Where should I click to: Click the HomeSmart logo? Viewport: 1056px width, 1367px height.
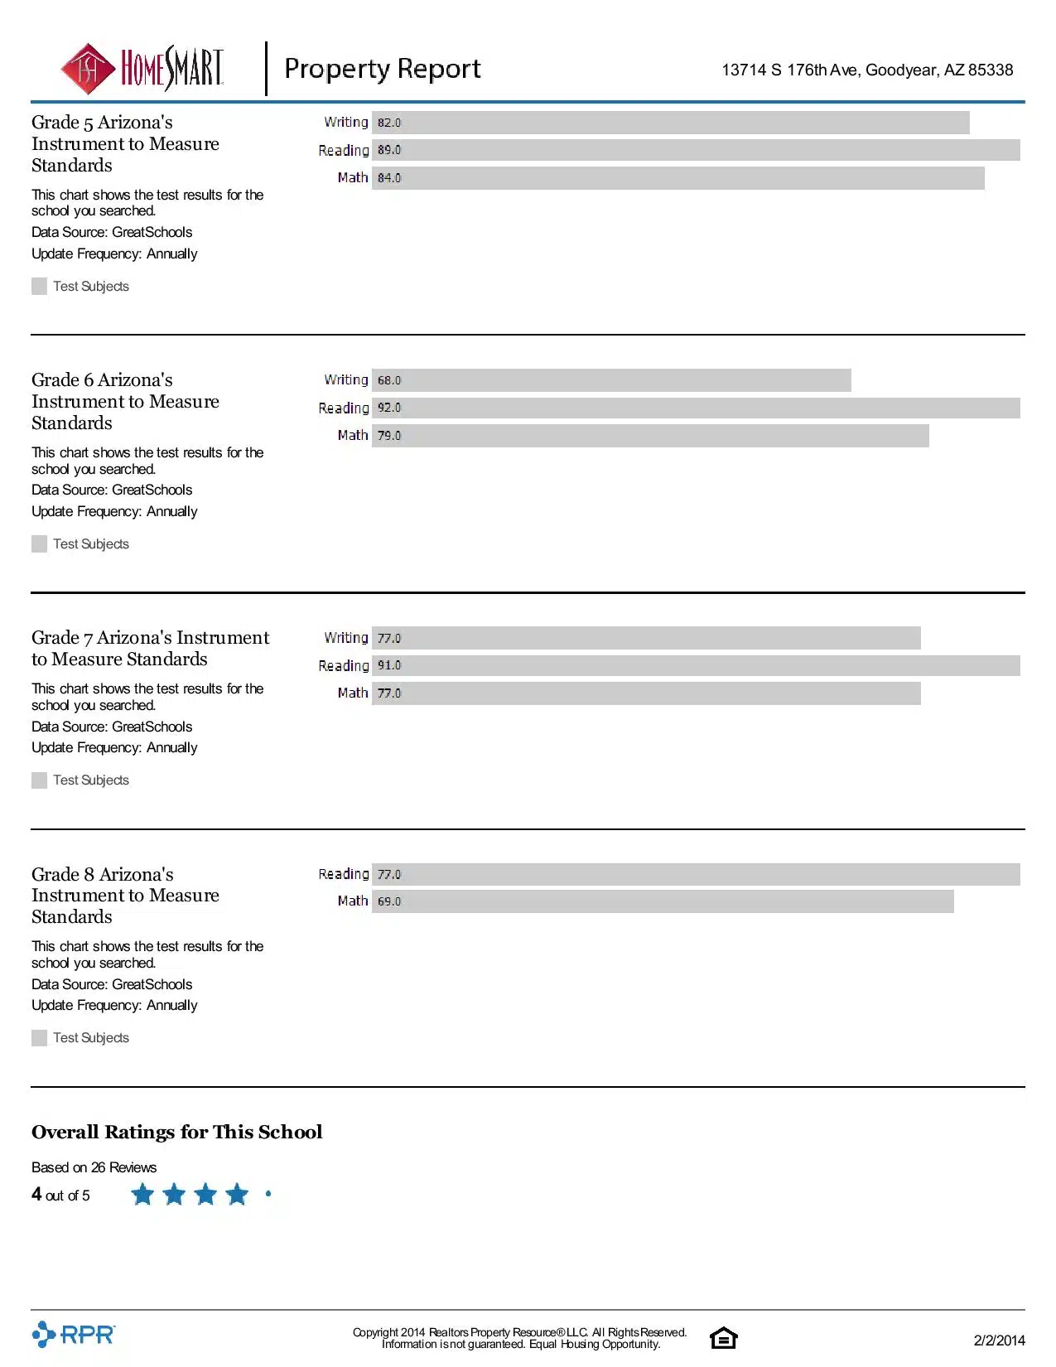(x=142, y=69)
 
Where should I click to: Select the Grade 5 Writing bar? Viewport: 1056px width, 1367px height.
(x=670, y=123)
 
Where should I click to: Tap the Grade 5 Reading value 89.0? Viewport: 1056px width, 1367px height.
(x=389, y=150)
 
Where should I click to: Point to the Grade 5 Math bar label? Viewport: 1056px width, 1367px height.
(x=352, y=177)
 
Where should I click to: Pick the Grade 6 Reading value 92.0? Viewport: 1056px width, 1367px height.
(x=389, y=408)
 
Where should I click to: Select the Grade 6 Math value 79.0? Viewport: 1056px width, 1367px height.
(x=389, y=435)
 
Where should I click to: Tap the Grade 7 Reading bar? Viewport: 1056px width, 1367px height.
(x=696, y=665)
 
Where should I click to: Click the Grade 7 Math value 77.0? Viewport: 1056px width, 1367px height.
(x=389, y=693)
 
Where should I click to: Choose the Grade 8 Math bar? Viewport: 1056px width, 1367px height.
(x=663, y=901)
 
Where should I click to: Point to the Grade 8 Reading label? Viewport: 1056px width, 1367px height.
(x=343, y=874)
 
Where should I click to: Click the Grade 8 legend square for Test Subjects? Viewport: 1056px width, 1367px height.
(x=39, y=1038)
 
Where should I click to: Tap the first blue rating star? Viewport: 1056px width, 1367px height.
(x=142, y=1194)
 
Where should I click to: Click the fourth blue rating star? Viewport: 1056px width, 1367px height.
(x=237, y=1194)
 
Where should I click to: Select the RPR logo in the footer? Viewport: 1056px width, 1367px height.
(x=74, y=1335)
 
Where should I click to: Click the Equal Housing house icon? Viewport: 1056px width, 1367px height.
(x=723, y=1338)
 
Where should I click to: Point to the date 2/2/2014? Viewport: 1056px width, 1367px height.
(x=999, y=1340)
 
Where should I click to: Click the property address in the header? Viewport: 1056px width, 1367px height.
(x=867, y=70)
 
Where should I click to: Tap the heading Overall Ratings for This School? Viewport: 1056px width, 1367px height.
(x=176, y=1132)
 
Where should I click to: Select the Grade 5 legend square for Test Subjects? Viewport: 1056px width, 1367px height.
(x=39, y=287)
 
